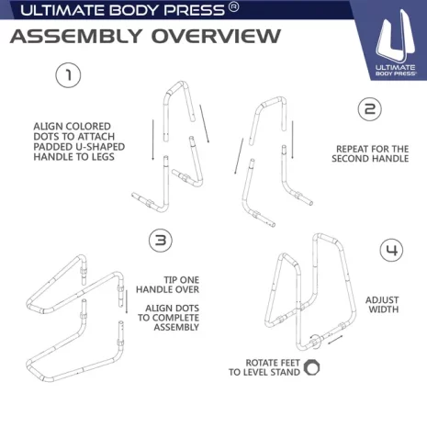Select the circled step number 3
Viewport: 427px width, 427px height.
click(161, 240)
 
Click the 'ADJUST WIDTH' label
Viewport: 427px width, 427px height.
click(382, 305)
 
